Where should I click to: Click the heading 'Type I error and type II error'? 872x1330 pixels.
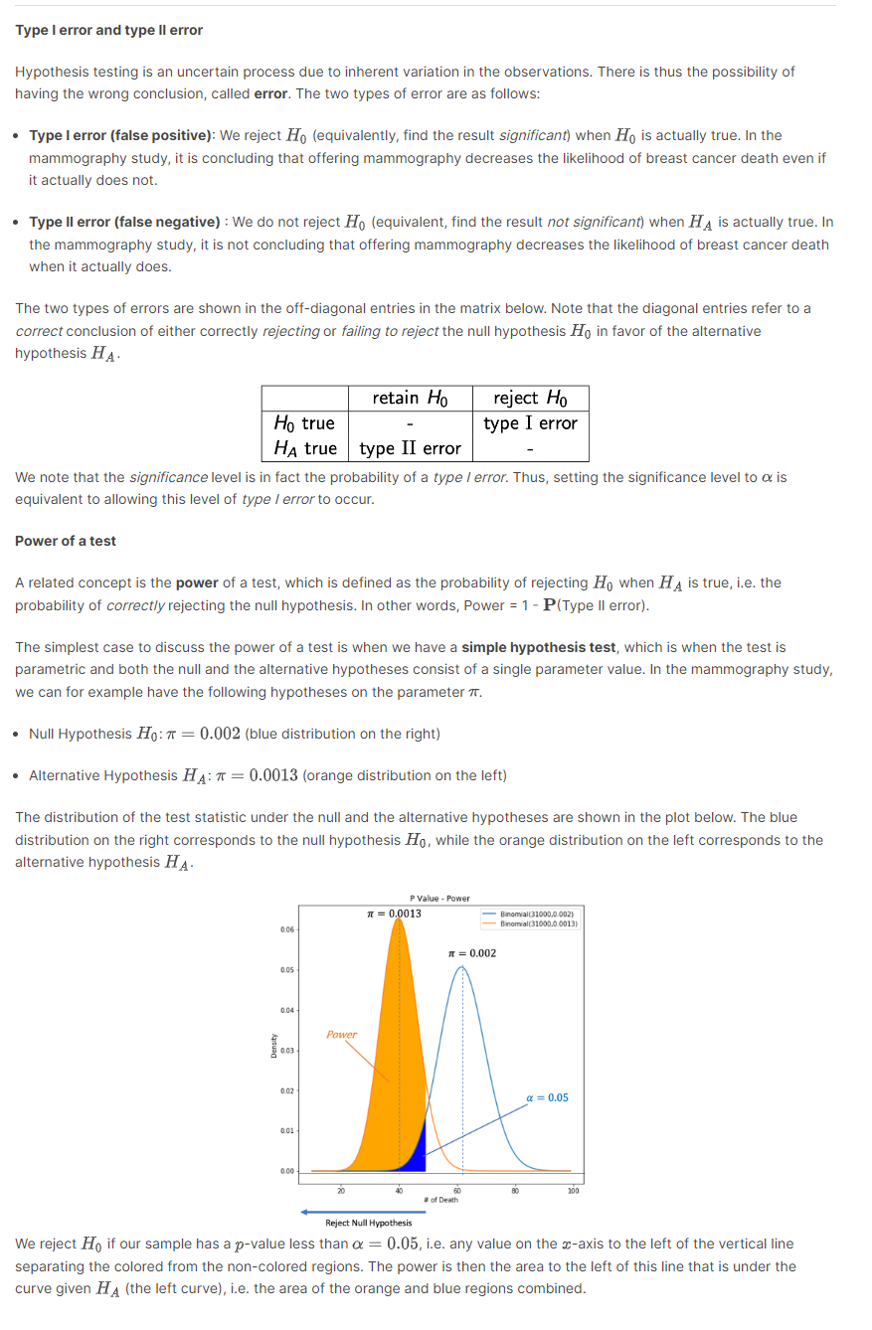108,30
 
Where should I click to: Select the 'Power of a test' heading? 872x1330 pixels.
66,541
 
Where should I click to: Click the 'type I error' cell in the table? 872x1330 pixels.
530,423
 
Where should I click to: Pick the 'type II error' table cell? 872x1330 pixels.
410,448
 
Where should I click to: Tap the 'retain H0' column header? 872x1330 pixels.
410,398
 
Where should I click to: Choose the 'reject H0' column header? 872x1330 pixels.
530,398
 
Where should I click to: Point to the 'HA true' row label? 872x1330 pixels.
305,448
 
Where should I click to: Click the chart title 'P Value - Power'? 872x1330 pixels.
438,898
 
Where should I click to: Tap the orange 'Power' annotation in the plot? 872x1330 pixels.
341,1034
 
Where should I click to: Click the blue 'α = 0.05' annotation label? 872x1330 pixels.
547,1097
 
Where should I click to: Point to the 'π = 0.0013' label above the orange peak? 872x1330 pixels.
394,913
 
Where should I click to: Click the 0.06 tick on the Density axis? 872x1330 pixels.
286,929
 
